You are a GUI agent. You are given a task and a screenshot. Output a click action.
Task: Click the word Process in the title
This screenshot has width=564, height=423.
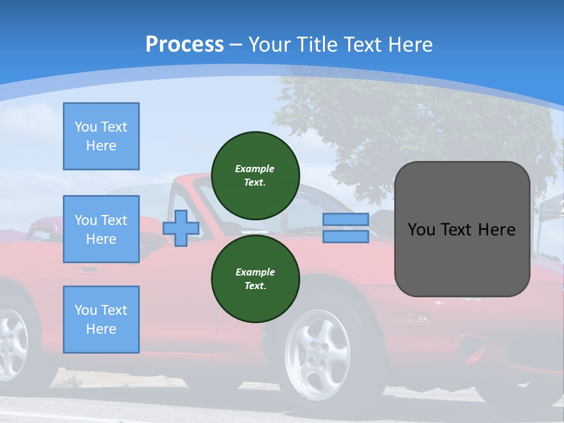184,45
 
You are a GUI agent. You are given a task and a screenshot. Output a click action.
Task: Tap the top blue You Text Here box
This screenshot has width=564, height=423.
101,136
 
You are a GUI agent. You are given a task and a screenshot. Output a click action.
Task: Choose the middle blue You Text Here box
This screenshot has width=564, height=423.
101,229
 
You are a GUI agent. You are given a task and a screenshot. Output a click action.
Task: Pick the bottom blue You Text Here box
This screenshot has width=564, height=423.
101,320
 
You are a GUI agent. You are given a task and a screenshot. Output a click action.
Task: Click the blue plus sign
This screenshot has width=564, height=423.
180,229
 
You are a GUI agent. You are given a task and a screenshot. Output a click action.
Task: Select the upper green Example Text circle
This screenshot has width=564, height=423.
255,175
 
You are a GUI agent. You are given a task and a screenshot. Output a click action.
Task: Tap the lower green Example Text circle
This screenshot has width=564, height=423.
255,278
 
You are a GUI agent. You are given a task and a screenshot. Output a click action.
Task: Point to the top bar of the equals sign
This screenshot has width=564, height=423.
345,220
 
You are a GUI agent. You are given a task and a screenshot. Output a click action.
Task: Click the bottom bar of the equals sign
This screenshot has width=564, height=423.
345,237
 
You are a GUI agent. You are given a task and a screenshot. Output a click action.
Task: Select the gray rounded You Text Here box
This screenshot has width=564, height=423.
462,229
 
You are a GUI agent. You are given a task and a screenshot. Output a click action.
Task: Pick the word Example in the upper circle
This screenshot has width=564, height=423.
255,169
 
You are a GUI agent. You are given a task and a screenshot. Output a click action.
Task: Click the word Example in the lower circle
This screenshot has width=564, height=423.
255,272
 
